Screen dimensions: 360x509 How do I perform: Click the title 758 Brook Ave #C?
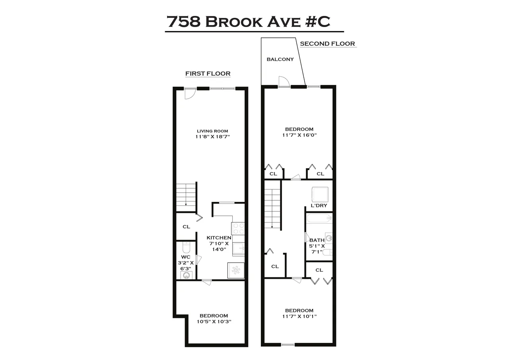click(x=249, y=22)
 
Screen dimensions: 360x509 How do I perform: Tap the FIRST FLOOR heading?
click(x=208, y=74)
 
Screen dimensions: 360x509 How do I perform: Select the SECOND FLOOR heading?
click(x=327, y=44)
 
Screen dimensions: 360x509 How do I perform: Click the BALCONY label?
click(x=280, y=59)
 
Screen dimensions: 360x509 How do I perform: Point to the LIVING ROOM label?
click(x=212, y=131)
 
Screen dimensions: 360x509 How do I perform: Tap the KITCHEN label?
click(x=219, y=238)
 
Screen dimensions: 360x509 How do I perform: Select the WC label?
click(x=186, y=257)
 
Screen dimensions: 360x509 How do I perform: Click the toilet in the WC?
click(x=186, y=248)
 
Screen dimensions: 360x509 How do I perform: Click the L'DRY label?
click(x=319, y=205)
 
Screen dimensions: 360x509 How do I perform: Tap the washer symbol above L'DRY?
click(x=319, y=195)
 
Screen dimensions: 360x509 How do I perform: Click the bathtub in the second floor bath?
click(x=319, y=218)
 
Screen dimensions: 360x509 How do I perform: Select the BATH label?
click(x=317, y=240)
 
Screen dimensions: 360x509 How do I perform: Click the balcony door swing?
click(x=284, y=81)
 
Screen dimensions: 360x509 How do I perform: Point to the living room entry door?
click(x=189, y=94)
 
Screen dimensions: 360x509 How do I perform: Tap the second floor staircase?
click(x=273, y=209)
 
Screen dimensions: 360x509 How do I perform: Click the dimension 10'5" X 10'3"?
click(x=214, y=321)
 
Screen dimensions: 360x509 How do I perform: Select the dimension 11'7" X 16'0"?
click(x=299, y=135)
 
